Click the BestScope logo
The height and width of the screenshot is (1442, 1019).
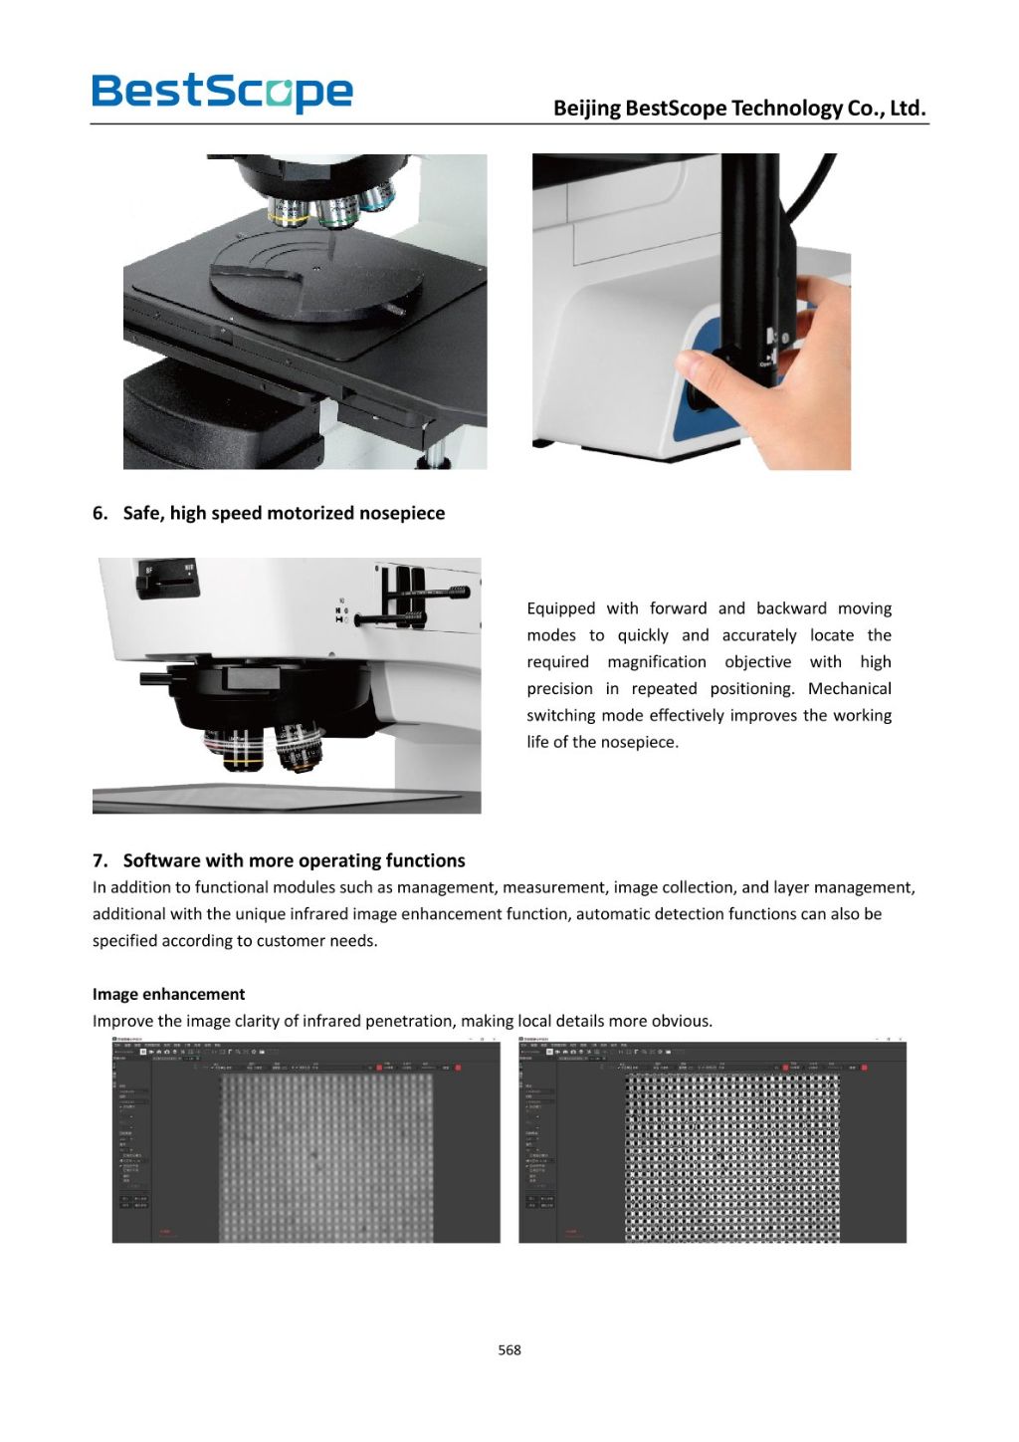pyautogui.click(x=222, y=92)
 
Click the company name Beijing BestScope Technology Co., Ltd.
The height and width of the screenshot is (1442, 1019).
pyautogui.click(x=739, y=108)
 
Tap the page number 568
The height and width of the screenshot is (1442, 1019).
pyautogui.click(x=509, y=1349)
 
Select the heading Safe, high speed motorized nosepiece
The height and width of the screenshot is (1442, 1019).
pyautogui.click(x=284, y=513)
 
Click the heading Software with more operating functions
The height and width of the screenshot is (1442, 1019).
pyautogui.click(x=294, y=860)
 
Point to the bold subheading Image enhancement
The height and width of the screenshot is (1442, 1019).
pyautogui.click(x=168, y=994)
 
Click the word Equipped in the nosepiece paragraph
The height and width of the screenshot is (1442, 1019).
pyautogui.click(x=560, y=608)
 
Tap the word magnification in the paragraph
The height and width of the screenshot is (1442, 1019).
pyautogui.click(x=656, y=661)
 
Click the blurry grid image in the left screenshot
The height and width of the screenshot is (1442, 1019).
pyautogui.click(x=325, y=1157)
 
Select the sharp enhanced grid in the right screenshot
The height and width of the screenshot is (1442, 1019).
pyautogui.click(x=731, y=1157)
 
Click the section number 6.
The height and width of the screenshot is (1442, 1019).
pyautogui.click(x=100, y=513)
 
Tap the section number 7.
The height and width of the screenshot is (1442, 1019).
pyautogui.click(x=100, y=860)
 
